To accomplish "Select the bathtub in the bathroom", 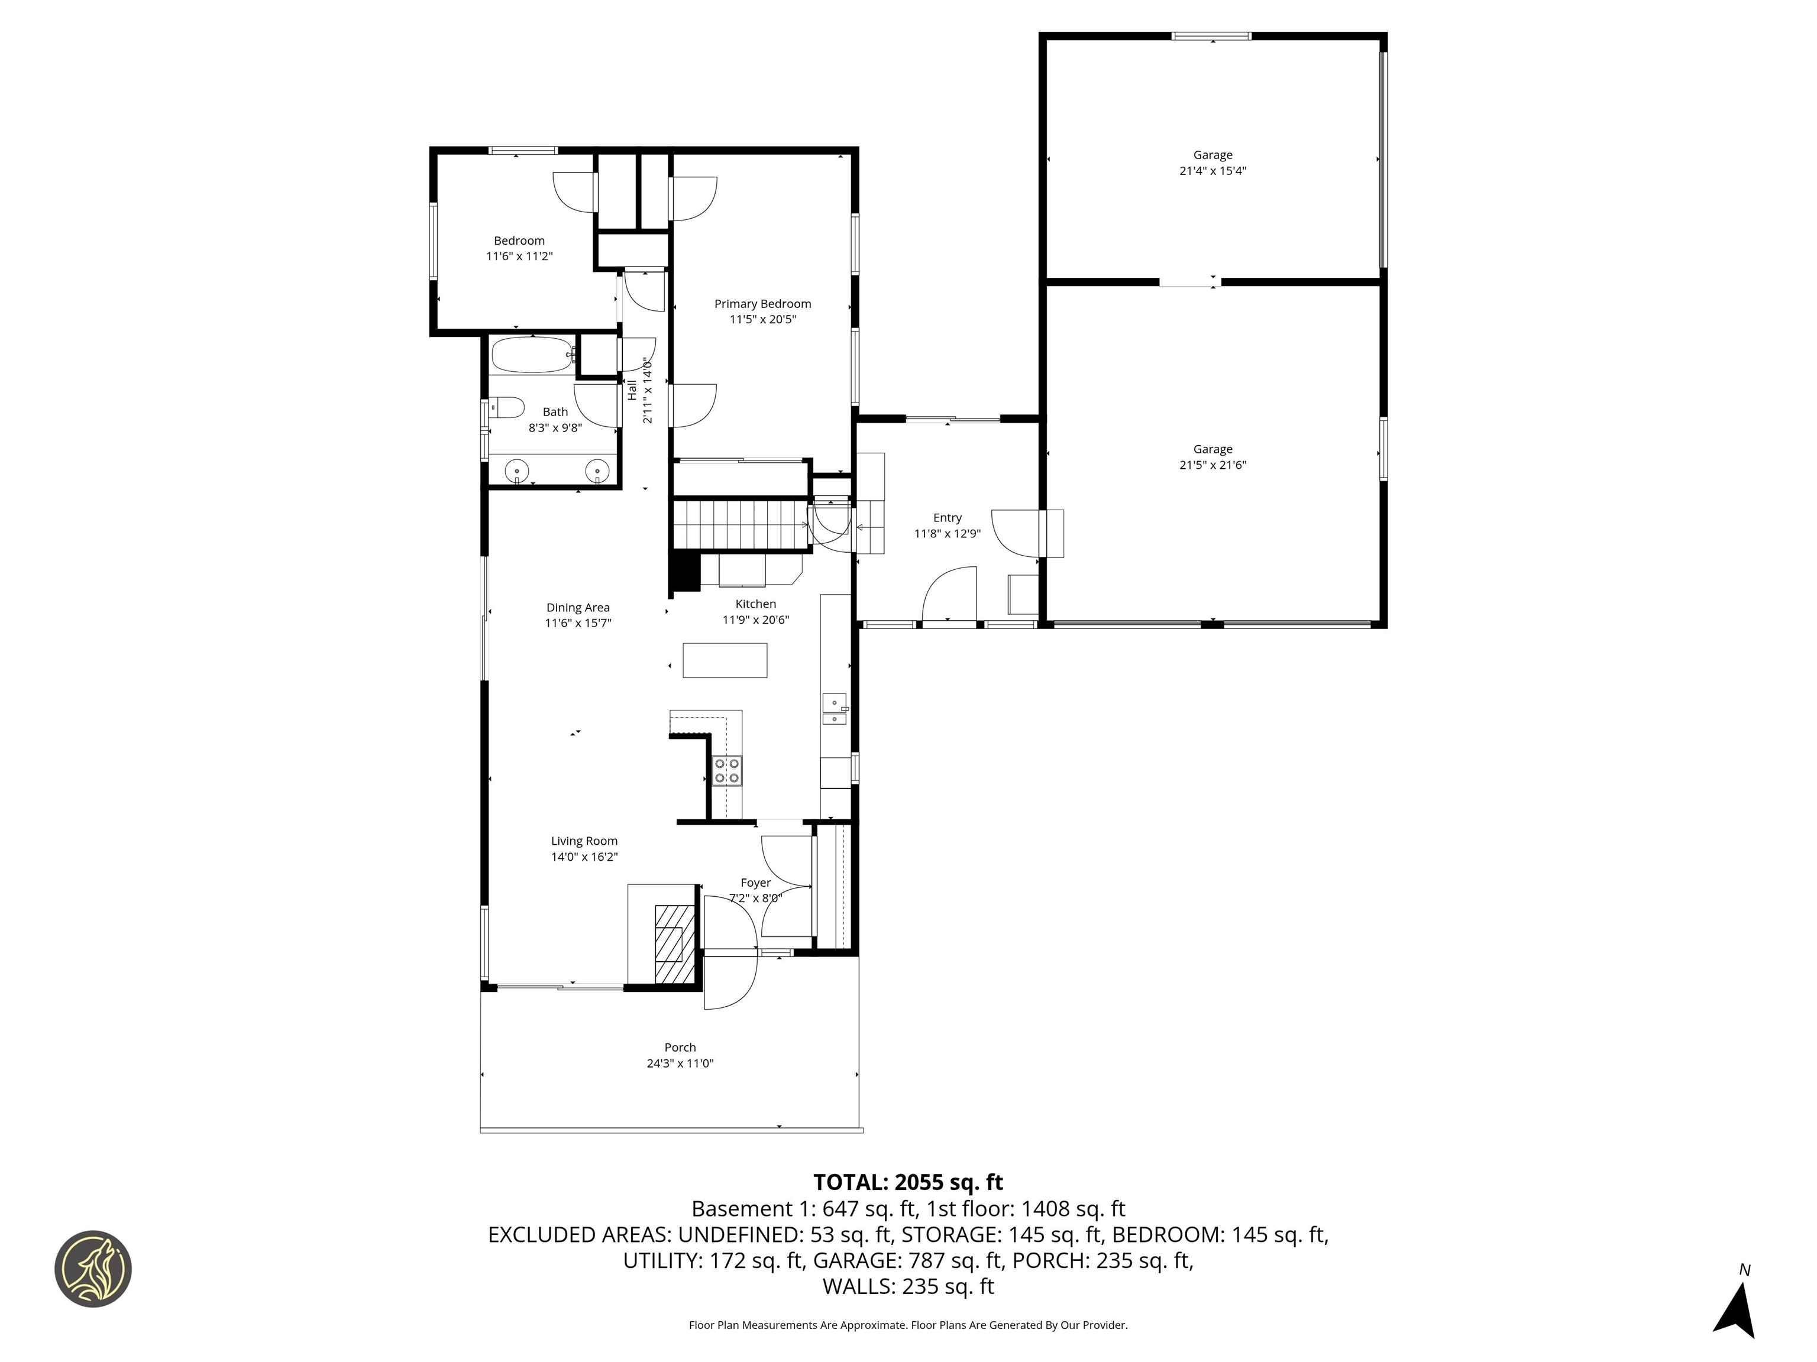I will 532,355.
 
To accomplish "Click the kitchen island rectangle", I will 725,660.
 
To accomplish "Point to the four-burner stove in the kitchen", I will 727,771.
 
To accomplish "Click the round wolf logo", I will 93,1269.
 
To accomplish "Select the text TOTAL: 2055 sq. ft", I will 908,1182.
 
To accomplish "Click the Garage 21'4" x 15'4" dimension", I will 1213,171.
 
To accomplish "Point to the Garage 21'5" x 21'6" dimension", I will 1213,465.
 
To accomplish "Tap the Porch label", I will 680,1048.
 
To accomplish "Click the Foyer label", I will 755,883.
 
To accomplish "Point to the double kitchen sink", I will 834,709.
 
